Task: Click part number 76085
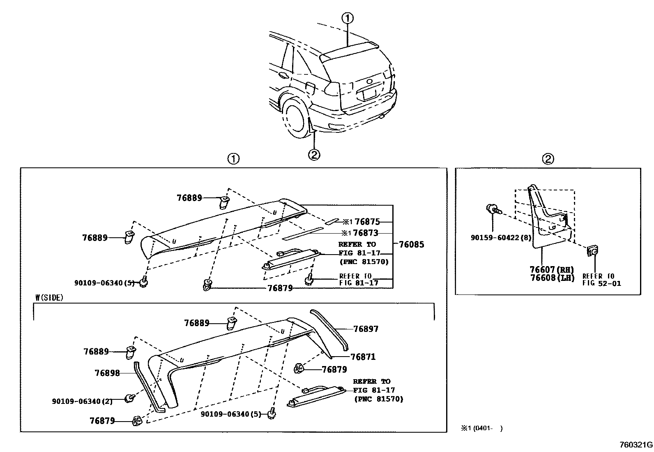coord(411,245)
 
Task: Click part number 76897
coord(366,329)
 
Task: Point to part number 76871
coord(363,357)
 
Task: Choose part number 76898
coord(107,373)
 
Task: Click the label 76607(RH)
coord(551,270)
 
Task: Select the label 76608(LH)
coord(551,278)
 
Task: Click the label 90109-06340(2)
coord(82,401)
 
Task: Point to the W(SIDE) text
coord(49,298)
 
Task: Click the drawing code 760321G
coord(636,445)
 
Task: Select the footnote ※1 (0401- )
coord(481,428)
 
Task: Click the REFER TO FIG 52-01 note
coord(601,280)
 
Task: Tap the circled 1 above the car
coord(347,18)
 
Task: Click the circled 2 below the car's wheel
coord(313,155)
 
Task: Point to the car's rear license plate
coord(370,95)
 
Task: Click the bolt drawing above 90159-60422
coord(492,209)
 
